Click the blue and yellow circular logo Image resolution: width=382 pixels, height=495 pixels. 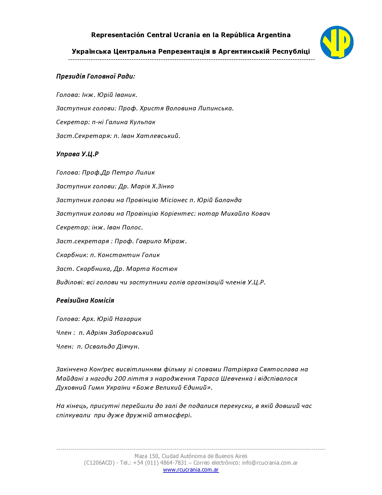click(337, 42)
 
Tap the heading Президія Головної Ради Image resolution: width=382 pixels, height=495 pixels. click(96, 76)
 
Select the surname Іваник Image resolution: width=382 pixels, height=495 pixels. click(126, 95)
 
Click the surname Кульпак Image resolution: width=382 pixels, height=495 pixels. click(142, 122)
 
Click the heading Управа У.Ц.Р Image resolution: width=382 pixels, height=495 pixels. click(77, 154)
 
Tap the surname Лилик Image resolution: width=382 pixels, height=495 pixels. click(145, 173)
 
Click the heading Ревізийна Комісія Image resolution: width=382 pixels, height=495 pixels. click(85, 301)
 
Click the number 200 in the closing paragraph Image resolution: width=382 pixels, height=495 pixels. click(120, 379)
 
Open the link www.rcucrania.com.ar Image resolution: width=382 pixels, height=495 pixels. click(191, 470)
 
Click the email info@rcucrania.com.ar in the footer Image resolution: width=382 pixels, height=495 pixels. click(270, 463)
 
